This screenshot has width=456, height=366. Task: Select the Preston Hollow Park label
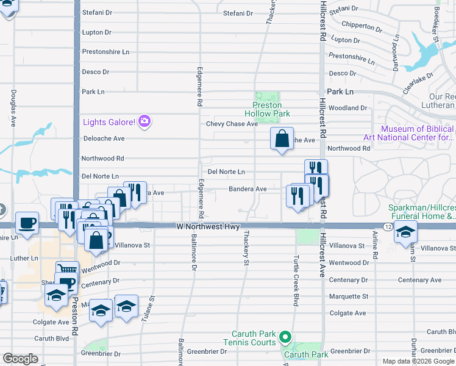click(267, 110)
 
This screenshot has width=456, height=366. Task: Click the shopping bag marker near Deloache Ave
click(282, 139)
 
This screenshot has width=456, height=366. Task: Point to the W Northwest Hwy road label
click(204, 226)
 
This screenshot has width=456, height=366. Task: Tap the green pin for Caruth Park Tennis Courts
click(284, 337)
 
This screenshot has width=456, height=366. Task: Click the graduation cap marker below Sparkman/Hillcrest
click(405, 232)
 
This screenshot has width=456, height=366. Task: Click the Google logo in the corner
click(20, 358)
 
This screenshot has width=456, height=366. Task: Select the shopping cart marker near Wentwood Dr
click(67, 268)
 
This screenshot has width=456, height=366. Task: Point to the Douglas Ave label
click(13, 109)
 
